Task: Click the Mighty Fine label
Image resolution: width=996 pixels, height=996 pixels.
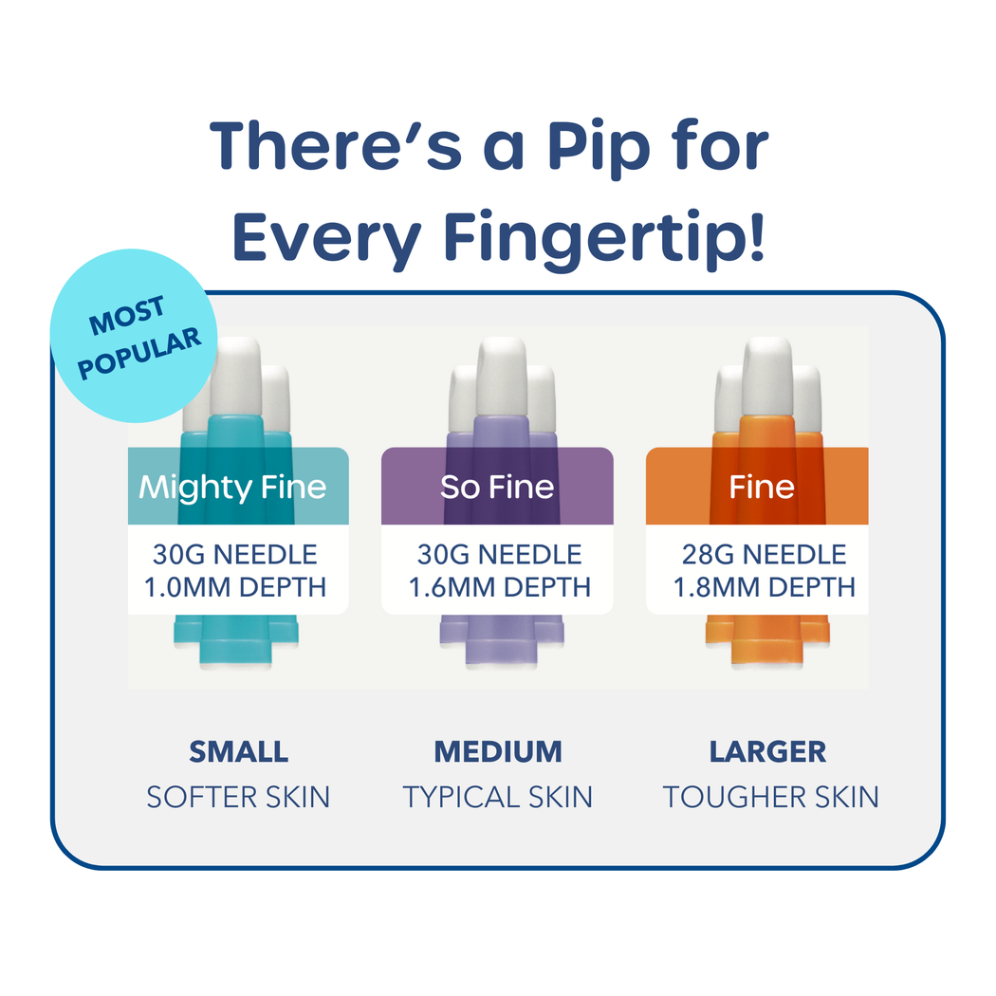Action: tap(233, 487)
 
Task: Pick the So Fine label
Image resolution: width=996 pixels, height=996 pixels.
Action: tap(497, 487)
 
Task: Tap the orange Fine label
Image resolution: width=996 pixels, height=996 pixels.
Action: tap(761, 487)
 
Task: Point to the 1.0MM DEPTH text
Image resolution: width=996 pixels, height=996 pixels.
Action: tap(235, 587)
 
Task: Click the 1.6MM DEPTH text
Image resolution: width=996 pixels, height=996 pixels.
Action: tap(500, 587)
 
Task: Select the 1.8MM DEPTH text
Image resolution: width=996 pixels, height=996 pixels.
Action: tap(765, 587)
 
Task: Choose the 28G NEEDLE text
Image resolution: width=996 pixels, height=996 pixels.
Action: tap(764, 555)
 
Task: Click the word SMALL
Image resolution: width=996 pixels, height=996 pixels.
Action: tap(238, 752)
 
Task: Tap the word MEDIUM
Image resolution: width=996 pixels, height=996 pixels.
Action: tap(498, 752)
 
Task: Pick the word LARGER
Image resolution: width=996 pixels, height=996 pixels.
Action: tap(767, 752)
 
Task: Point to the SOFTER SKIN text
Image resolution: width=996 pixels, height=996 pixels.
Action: tap(238, 797)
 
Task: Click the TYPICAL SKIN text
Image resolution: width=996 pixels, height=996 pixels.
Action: tap(498, 797)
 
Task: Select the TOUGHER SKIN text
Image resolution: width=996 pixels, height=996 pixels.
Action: tap(770, 797)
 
